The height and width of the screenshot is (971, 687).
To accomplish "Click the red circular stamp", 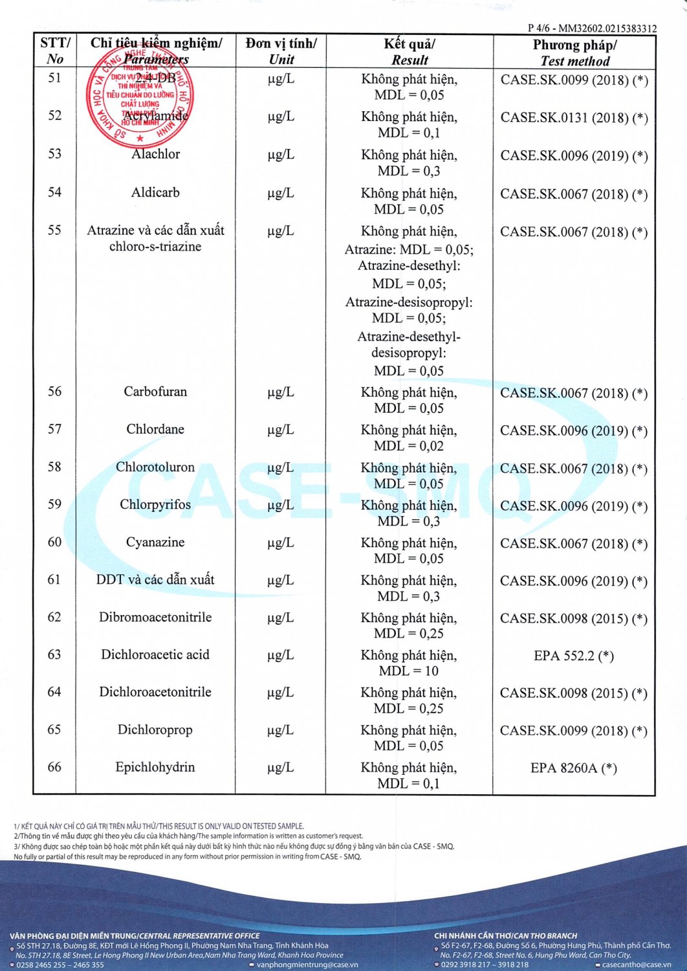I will [140, 95].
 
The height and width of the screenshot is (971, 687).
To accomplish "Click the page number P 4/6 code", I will [592, 28].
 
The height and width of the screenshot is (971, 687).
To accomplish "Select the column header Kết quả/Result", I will [409, 52].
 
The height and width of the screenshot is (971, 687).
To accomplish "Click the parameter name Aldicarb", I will [155, 192].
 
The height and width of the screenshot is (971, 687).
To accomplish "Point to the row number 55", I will [54, 230].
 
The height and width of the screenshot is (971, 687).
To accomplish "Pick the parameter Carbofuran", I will [155, 392].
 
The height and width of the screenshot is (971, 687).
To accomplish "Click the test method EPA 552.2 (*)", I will [574, 656].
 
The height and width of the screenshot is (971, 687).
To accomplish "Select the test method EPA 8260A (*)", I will [574, 768].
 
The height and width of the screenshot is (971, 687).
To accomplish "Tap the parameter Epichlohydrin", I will [155, 767].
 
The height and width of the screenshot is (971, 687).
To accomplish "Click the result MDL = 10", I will [409, 671].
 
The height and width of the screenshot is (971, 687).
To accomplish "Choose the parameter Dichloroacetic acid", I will [155, 654].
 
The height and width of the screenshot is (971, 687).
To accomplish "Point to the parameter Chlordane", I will [155, 429].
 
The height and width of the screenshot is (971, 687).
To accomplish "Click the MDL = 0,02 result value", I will [409, 446].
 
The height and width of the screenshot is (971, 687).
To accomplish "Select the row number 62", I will [54, 617].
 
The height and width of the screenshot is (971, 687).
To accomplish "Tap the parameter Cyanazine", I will [155, 542].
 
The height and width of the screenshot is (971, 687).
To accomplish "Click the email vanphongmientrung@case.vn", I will [307, 965].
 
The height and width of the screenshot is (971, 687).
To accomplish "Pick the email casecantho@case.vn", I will [637, 965].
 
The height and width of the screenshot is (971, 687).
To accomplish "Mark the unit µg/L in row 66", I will [281, 768].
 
